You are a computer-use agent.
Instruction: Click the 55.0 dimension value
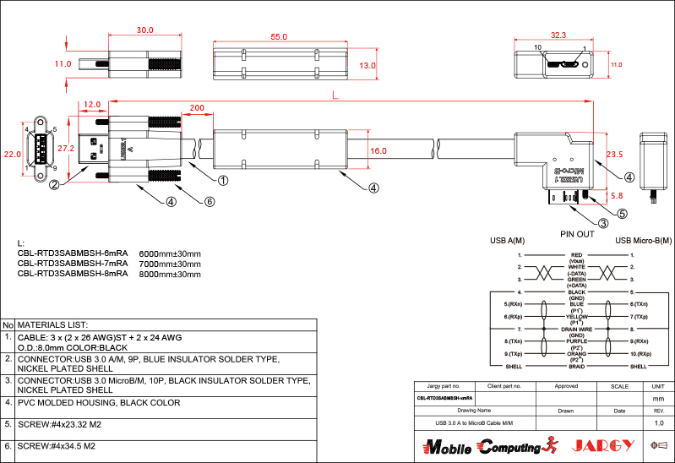click(x=279, y=37)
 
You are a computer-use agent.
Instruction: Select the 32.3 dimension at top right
click(x=558, y=35)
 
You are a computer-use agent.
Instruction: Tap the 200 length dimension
click(x=197, y=108)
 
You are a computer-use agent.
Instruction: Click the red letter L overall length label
click(x=337, y=97)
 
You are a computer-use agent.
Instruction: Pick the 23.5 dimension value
click(x=614, y=155)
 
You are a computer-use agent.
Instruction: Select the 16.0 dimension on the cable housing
click(x=378, y=151)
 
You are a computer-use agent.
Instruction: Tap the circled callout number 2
click(x=54, y=185)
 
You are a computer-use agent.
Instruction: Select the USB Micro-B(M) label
click(x=645, y=242)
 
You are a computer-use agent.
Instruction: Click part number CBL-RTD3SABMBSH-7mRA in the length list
click(x=73, y=263)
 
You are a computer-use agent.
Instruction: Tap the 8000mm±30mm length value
click(x=169, y=274)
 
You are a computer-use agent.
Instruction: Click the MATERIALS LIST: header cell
click(x=53, y=324)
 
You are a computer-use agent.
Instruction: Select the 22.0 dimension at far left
click(x=12, y=155)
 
